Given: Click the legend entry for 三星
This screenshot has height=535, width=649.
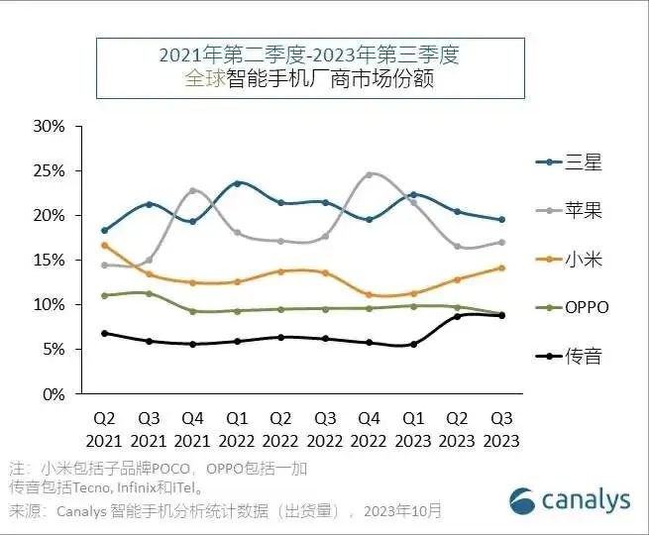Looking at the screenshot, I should (569, 162).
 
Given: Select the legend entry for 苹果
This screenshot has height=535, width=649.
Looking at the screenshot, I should (569, 211).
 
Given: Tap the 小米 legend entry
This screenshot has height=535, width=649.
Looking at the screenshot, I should (569, 260).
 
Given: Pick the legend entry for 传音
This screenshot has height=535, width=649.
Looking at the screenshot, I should (569, 356).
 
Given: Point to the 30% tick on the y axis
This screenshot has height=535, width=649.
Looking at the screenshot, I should (49, 127).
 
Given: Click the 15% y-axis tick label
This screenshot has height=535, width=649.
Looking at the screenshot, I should (49, 261).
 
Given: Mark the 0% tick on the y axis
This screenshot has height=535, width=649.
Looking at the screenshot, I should (53, 394).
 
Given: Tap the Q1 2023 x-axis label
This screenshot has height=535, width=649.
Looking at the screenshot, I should (413, 430).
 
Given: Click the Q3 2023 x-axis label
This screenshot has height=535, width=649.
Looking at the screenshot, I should (500, 430).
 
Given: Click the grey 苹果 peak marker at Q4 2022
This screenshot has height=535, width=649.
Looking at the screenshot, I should (369, 175).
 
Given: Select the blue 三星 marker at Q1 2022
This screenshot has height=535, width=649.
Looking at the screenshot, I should (237, 183).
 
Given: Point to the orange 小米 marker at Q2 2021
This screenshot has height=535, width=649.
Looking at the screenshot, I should (105, 246).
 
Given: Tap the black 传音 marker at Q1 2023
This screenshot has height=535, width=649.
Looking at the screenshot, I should (413, 344).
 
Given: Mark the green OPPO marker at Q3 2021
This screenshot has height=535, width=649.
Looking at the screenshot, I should (149, 293).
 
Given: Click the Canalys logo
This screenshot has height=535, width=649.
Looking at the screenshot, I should (570, 499).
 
